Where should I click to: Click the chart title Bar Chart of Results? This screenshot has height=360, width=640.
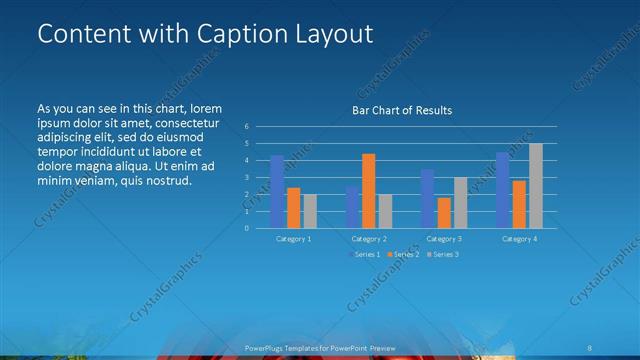(x=400, y=110)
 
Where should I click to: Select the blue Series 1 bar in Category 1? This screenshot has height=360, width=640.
(x=277, y=191)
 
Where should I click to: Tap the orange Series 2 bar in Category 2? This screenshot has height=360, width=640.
(x=369, y=190)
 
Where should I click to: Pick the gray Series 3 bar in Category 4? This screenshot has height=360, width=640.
(x=536, y=185)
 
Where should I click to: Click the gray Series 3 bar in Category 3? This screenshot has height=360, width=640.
(x=460, y=202)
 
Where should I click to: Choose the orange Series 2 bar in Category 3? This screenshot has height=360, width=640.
(x=444, y=212)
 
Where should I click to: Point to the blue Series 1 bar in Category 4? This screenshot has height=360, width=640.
(x=503, y=189)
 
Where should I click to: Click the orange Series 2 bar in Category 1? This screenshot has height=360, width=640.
(x=293, y=207)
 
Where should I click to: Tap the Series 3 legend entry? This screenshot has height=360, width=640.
(x=444, y=255)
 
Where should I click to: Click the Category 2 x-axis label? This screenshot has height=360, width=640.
(x=369, y=239)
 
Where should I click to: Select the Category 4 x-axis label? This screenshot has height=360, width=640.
(x=519, y=239)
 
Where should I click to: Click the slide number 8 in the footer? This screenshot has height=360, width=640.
(x=590, y=348)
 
